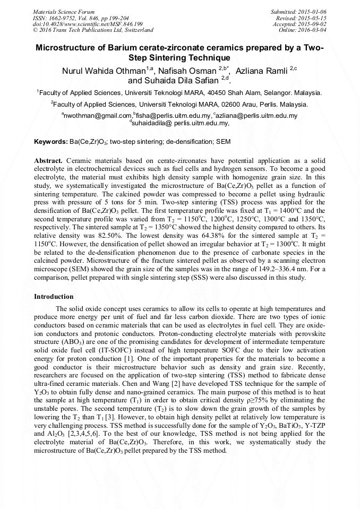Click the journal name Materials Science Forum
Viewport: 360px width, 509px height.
pyautogui.click(x=64, y=11)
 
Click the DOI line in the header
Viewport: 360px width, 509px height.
pyautogui.click(x=88, y=24)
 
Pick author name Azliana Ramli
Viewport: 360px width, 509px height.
pyautogui.click(x=260, y=71)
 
